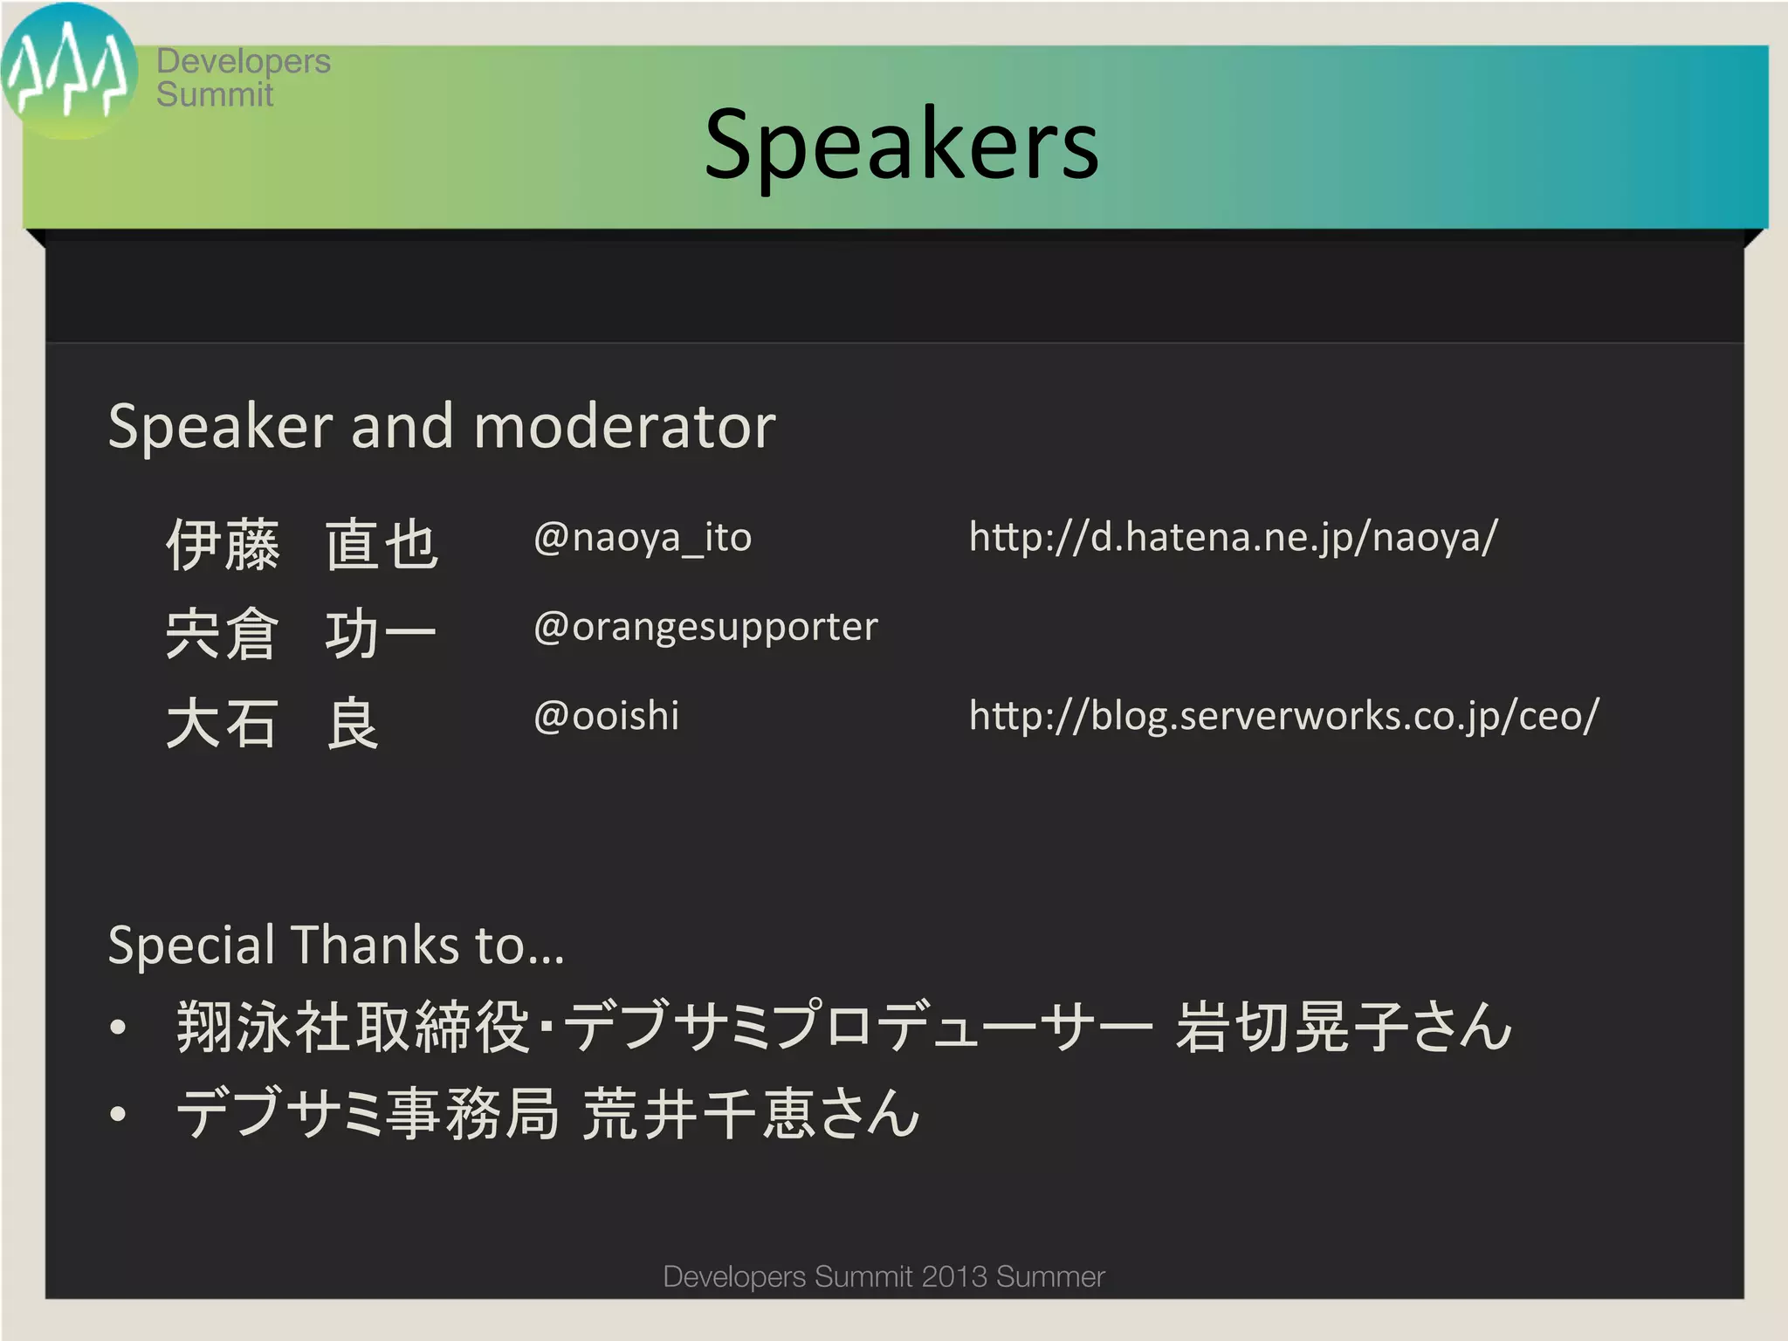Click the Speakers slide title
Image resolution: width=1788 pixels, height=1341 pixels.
pos(901,145)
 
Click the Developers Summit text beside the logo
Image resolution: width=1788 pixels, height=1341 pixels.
pos(243,78)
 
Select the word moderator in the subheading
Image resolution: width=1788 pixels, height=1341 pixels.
pos(624,427)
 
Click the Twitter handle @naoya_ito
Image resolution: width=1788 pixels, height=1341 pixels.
pos(642,538)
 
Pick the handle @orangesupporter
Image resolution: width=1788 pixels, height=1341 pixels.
pos(705,627)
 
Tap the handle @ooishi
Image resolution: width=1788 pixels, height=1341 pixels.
pos(606,716)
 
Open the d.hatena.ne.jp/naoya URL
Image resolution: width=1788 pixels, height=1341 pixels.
pos(1233,538)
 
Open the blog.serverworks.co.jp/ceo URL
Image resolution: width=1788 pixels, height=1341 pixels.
pos(1283,716)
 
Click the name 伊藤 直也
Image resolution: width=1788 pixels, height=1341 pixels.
pos(301,545)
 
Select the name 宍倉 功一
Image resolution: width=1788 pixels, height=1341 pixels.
pos(301,634)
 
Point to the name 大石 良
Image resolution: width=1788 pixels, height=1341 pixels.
pos(272,724)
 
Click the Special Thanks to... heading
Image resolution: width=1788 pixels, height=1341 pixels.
pos(336,945)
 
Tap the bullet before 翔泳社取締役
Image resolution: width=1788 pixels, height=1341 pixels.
pos(119,1028)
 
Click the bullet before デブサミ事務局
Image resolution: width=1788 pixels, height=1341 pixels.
pos(119,1115)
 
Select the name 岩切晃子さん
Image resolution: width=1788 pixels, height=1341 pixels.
pos(1343,1027)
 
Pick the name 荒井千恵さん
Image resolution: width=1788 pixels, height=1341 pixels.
pos(751,1114)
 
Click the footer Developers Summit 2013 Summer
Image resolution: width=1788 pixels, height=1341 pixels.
pos(884,1276)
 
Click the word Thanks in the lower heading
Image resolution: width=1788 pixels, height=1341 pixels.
pos(375,945)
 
